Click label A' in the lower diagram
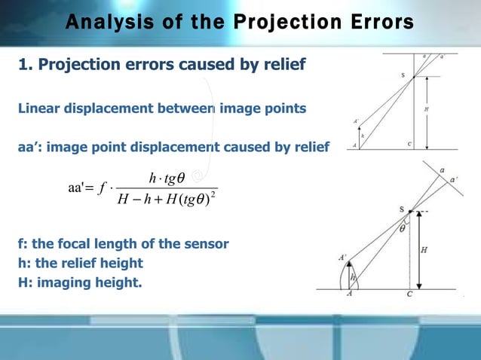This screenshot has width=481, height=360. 342,258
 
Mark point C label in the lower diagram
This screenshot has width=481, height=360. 409,295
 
